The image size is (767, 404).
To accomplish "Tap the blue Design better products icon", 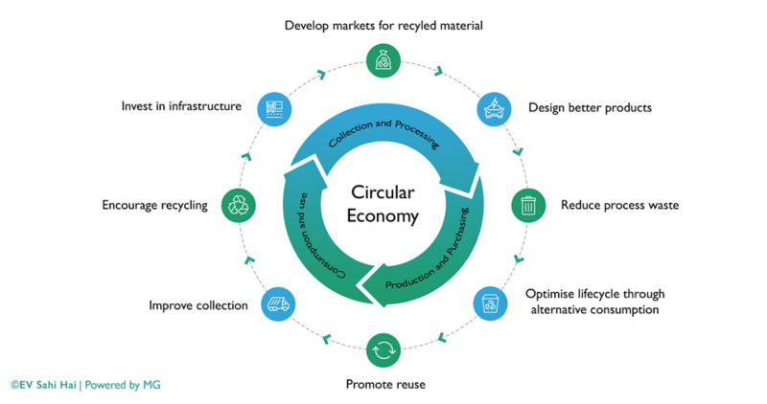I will [x=494, y=107].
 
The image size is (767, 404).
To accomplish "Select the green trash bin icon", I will [x=527, y=204].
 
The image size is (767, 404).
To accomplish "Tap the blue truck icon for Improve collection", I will [x=277, y=303].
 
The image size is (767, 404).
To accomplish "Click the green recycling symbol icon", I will [x=237, y=204].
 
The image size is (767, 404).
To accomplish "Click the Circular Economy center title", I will [x=383, y=203].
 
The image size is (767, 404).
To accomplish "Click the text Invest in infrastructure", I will [x=181, y=105].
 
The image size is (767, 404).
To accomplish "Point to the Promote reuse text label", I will [x=384, y=384].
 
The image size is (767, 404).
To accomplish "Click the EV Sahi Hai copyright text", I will [x=44, y=384].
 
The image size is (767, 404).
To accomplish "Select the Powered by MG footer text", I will [x=122, y=384].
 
